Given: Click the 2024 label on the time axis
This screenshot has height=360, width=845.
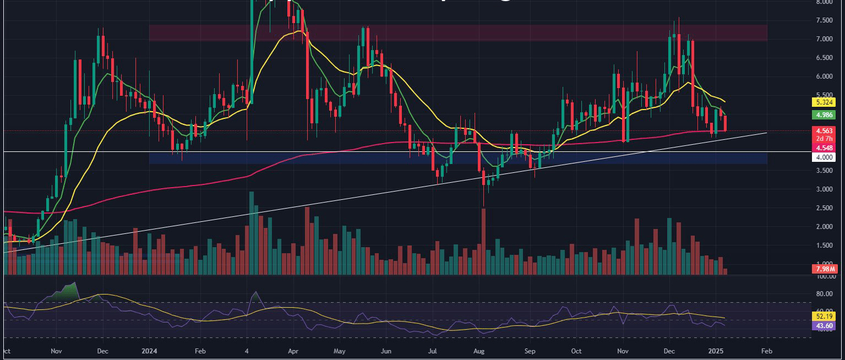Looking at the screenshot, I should pos(150,350).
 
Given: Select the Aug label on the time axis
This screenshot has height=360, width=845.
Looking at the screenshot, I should pos(479,350).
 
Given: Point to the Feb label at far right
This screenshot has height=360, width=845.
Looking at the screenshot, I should pos(766,350).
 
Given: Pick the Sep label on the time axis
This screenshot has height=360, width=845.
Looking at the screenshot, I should pos(530,350).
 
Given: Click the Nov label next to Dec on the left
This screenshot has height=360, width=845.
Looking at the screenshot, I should pos(56,350).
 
